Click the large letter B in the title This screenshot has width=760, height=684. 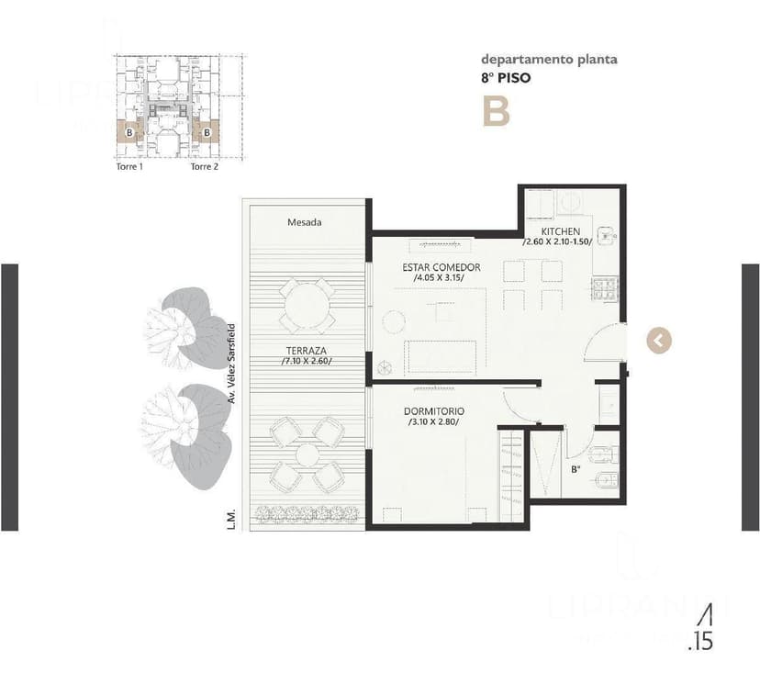497,111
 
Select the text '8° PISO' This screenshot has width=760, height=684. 506,78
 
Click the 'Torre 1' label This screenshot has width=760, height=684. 129,167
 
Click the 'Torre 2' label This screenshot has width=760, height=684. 204,167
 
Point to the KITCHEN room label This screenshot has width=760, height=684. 560,230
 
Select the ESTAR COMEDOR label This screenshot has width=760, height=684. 441,267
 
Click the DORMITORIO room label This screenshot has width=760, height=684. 434,411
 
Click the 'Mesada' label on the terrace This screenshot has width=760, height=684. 304,222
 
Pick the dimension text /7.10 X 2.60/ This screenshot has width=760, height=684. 307,361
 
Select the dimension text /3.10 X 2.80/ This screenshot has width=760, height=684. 433,422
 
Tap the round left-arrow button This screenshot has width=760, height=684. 659,340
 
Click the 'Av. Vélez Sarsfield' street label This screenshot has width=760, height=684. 233,364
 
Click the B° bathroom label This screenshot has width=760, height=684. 576,470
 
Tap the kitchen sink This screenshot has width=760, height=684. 605,236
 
